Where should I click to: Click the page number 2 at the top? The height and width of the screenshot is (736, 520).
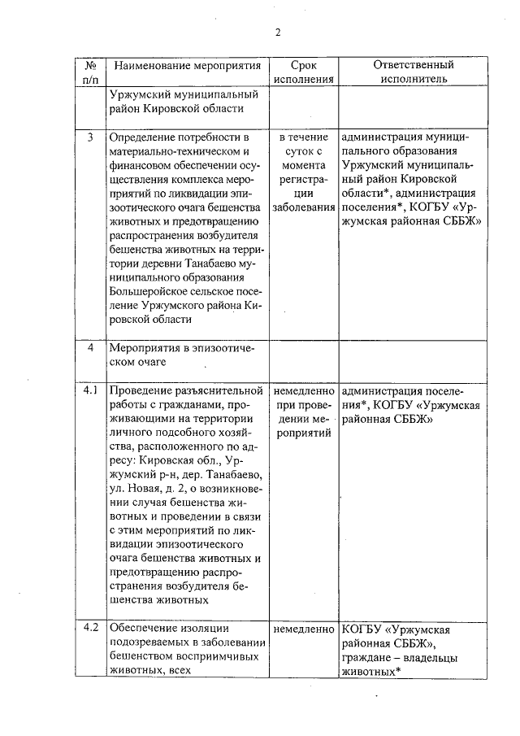tap(277, 33)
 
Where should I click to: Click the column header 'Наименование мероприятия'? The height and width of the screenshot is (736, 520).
tap(188, 65)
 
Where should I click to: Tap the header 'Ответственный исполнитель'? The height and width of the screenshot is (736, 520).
tap(413, 72)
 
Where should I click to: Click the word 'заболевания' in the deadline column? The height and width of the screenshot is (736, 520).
tap(303, 207)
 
